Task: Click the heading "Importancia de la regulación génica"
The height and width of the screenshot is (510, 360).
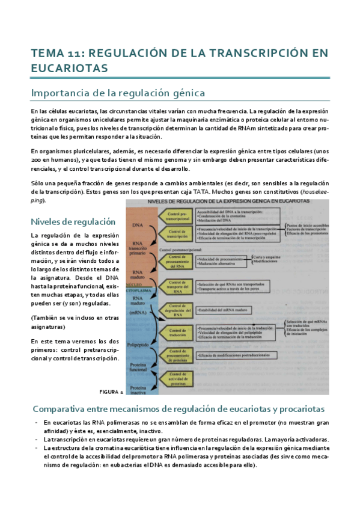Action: pyautogui.click(x=118, y=93)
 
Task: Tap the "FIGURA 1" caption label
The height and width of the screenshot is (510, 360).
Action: pyautogui.click(x=112, y=375)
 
